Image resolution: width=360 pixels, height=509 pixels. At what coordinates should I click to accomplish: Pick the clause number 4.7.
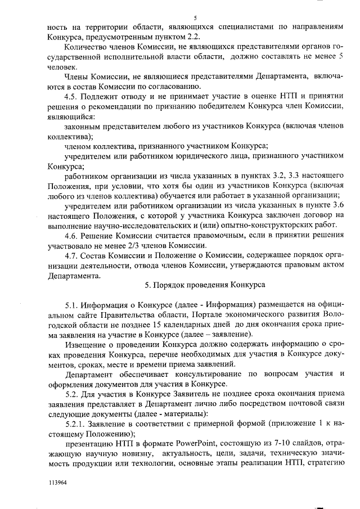coord(73,256)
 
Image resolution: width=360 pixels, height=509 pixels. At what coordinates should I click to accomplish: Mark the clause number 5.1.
coord(73,305)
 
